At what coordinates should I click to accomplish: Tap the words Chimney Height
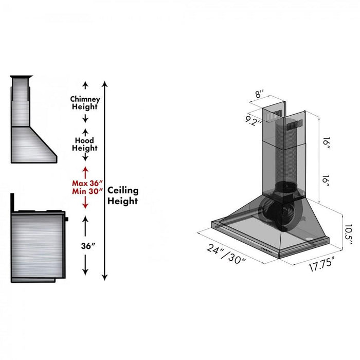[x=85, y=103]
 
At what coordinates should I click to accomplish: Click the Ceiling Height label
[x=122, y=195]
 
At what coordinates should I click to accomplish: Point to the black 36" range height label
[x=88, y=246]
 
